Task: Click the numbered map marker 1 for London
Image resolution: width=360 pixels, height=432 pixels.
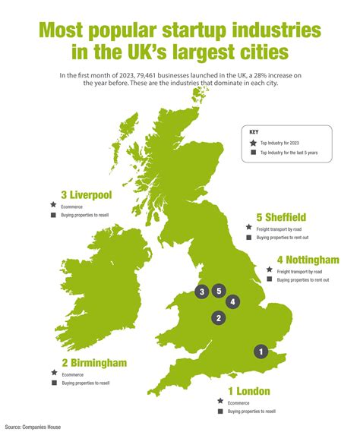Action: tap(261, 352)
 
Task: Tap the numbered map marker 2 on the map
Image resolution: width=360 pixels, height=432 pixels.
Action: tap(218, 318)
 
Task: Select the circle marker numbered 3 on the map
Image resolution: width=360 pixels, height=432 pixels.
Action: tap(201, 291)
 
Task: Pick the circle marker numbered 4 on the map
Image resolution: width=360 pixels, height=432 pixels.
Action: tap(233, 301)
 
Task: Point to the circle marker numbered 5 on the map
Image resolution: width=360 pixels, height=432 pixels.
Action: tap(219, 290)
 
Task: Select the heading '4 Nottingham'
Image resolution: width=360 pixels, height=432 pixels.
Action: tap(308, 260)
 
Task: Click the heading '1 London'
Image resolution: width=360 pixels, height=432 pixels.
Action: tap(243, 391)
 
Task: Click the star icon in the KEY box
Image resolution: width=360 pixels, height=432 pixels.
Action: tap(252, 142)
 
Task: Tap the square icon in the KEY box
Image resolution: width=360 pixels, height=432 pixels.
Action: tap(252, 153)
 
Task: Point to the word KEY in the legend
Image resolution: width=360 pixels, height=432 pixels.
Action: tap(254, 131)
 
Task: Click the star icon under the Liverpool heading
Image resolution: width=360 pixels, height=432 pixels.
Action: tap(53, 205)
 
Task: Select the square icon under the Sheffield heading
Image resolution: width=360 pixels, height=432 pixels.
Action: tap(248, 238)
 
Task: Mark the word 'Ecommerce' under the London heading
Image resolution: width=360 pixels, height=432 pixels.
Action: tap(238, 402)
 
